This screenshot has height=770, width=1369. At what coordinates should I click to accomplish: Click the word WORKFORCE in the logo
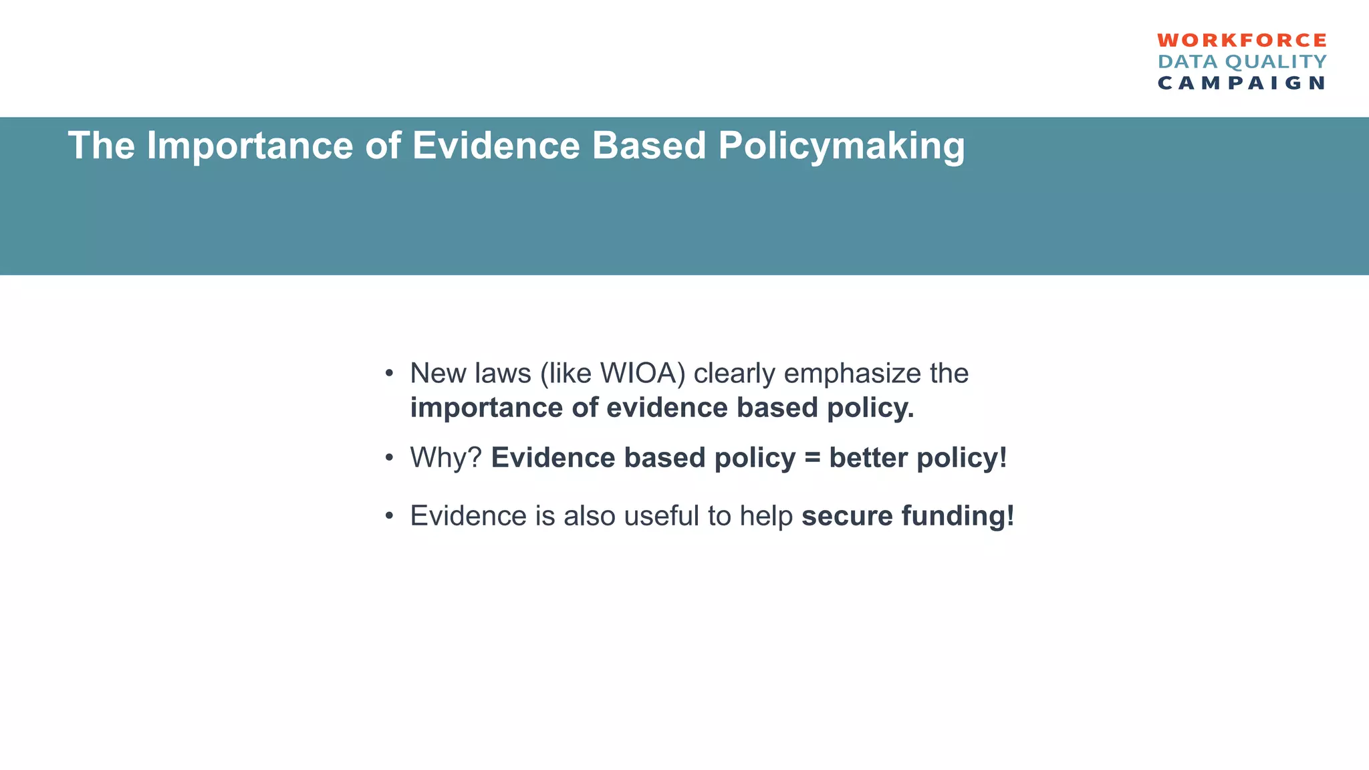(x=1242, y=40)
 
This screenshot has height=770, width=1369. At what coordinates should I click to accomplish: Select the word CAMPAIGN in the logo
(x=1242, y=83)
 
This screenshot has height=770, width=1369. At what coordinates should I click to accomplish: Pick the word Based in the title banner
(x=648, y=145)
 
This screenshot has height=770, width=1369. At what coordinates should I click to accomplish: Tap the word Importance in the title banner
(x=249, y=146)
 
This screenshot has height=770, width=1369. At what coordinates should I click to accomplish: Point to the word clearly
(x=735, y=373)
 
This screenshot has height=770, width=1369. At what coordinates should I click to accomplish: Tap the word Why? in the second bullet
(x=446, y=458)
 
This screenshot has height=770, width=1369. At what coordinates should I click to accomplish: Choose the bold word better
(x=868, y=458)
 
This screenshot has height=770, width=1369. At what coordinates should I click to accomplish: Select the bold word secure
(x=847, y=516)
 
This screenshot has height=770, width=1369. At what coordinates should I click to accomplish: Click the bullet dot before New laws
(x=388, y=373)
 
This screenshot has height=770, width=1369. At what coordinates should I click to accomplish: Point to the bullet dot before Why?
(x=388, y=459)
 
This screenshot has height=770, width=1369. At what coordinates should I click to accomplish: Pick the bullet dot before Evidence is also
(x=388, y=516)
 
